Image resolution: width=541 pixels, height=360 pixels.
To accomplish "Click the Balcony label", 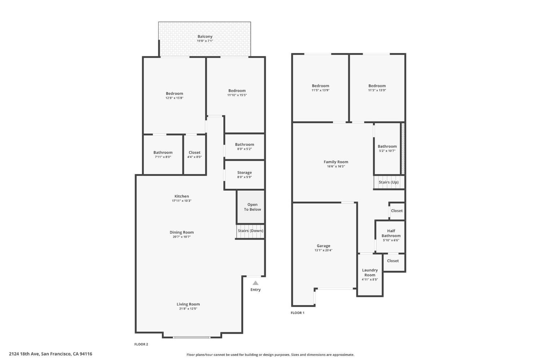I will click(x=205, y=36).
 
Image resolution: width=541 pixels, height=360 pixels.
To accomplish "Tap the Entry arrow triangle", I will click(x=255, y=283).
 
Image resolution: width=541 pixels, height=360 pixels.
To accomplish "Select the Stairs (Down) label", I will click(x=250, y=231).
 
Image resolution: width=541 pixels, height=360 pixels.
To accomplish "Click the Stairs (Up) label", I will click(x=388, y=182).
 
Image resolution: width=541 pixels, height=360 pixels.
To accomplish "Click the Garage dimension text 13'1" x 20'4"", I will click(x=323, y=250).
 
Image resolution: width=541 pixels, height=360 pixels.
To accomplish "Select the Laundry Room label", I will click(x=370, y=272).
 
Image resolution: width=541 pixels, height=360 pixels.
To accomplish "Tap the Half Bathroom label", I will click(x=391, y=233).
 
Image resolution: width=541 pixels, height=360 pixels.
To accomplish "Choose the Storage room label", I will click(x=245, y=173).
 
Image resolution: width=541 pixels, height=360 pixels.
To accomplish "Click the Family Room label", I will click(x=336, y=162).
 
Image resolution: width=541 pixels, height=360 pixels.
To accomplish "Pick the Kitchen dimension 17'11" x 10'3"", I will click(x=181, y=201).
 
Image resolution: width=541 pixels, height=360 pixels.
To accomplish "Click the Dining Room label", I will click(x=181, y=232).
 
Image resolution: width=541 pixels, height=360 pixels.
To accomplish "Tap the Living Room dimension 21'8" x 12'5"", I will click(x=188, y=309).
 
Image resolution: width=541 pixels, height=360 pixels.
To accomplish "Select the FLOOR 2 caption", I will click(x=141, y=344).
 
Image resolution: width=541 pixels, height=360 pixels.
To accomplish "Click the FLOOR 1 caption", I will click(x=298, y=313).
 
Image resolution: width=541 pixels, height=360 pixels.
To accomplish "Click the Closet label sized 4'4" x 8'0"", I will click(x=194, y=152).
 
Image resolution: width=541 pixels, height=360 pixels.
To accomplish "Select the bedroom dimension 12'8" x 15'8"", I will click(x=174, y=98).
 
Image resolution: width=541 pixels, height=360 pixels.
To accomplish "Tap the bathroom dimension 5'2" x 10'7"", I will click(x=387, y=151).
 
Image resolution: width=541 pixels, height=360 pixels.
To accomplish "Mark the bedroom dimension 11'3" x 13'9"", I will click(x=377, y=90).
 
